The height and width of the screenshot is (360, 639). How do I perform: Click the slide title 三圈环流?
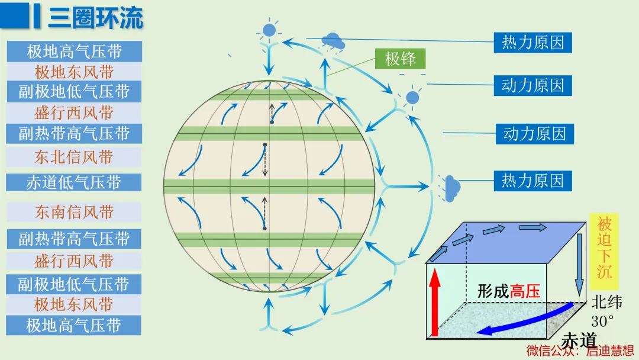click(x=96, y=18)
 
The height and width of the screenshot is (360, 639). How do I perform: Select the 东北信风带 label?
click(x=74, y=157)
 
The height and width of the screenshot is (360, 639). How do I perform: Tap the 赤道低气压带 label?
click(x=74, y=182)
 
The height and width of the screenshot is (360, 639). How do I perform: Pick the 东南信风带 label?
click(x=74, y=212)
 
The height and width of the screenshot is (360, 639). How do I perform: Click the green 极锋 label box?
click(x=400, y=59)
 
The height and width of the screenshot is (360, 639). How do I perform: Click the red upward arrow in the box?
click(x=435, y=302)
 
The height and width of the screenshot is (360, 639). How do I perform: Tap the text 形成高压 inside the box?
click(x=509, y=291)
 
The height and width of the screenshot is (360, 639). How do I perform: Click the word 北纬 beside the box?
click(x=607, y=303)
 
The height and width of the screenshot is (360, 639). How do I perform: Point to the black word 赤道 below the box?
click(x=579, y=340)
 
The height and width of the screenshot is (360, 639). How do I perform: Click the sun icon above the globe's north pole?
click(x=269, y=30)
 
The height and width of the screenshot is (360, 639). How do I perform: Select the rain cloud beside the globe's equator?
click(x=450, y=188)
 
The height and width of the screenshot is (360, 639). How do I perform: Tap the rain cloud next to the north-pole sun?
click(x=333, y=42)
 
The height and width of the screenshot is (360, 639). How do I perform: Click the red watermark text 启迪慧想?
click(x=610, y=351)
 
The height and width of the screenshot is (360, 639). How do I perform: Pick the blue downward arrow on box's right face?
click(x=579, y=265)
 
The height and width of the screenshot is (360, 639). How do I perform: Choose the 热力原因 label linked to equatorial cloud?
click(x=532, y=181)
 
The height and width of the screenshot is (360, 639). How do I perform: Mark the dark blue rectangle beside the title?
click(x=15, y=15)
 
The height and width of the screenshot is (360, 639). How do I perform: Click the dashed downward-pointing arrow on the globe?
click(x=265, y=160)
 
